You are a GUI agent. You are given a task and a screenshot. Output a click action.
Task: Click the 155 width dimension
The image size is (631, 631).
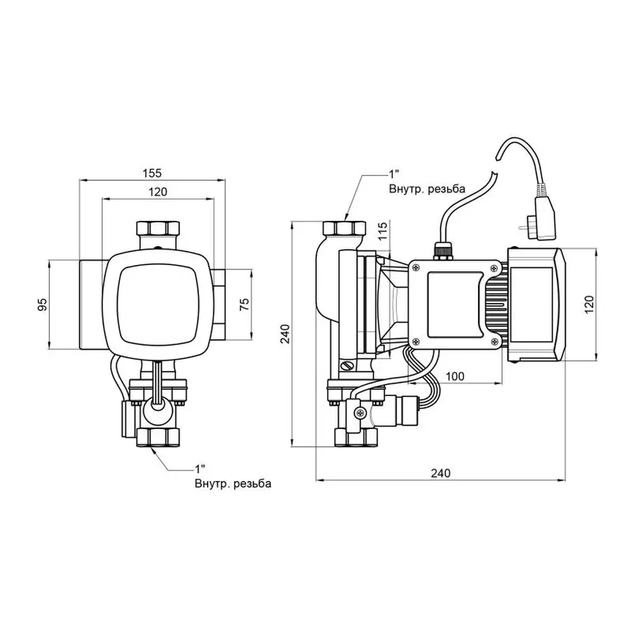click(153, 172)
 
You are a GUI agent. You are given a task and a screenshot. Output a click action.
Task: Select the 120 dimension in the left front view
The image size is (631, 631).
click(158, 191)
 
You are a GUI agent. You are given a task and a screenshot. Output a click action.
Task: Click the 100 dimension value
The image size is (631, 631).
click(454, 376)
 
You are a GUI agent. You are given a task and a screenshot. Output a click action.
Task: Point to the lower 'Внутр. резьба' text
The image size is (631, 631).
click(232, 484)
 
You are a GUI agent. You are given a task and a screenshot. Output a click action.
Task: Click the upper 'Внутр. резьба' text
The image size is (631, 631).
click(427, 189)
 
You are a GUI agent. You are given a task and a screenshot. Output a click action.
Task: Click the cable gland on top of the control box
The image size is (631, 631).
click(442, 248)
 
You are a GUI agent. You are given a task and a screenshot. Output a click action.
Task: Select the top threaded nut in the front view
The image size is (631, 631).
click(157, 229)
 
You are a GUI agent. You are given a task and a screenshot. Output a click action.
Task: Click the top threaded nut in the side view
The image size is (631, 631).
click(344, 229)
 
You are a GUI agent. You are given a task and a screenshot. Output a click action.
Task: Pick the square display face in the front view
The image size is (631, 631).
click(157, 302)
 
